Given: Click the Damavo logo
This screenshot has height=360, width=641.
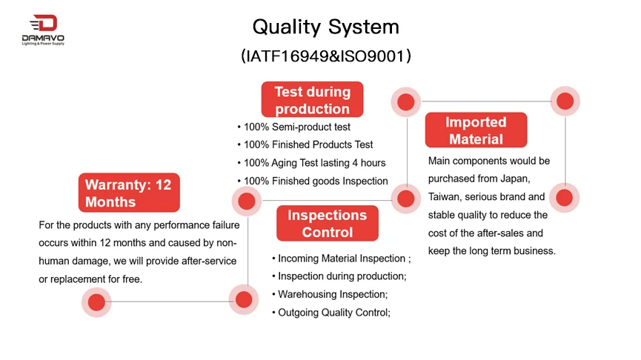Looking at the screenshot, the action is pos(43,30).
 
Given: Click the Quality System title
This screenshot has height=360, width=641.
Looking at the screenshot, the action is pos(326,27).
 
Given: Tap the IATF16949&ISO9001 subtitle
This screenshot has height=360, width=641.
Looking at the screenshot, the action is pos(326,56).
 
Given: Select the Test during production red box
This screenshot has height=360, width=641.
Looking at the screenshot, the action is pos(312,99).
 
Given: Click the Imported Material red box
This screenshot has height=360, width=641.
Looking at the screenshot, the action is pos(476,130).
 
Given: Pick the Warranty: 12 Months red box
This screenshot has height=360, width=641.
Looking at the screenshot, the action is pos(129,193).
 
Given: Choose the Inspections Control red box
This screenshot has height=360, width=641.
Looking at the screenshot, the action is pos(327,223).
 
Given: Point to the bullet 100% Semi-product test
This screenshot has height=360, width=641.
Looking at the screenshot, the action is pos(293,127).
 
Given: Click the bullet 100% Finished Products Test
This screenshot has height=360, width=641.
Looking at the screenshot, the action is pos(305,144).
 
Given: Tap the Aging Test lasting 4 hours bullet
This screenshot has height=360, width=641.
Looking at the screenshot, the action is pos(311,163).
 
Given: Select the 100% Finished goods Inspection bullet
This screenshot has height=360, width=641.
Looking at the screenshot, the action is pos(312,181).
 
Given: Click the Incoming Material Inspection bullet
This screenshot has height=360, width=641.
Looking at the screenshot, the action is pos(342,259).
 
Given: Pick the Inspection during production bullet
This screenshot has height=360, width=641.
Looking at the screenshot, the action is pos(339,276).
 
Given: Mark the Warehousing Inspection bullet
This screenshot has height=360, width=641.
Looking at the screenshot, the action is pos(330,294).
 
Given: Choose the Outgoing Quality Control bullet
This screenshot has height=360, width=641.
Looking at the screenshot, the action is pos(331,313).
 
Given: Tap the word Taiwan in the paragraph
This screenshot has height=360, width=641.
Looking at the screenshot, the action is pos(445,197).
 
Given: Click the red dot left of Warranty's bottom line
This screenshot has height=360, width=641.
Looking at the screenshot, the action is pos(96,302).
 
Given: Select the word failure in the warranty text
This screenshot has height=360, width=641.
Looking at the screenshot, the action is pos(226,225).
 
